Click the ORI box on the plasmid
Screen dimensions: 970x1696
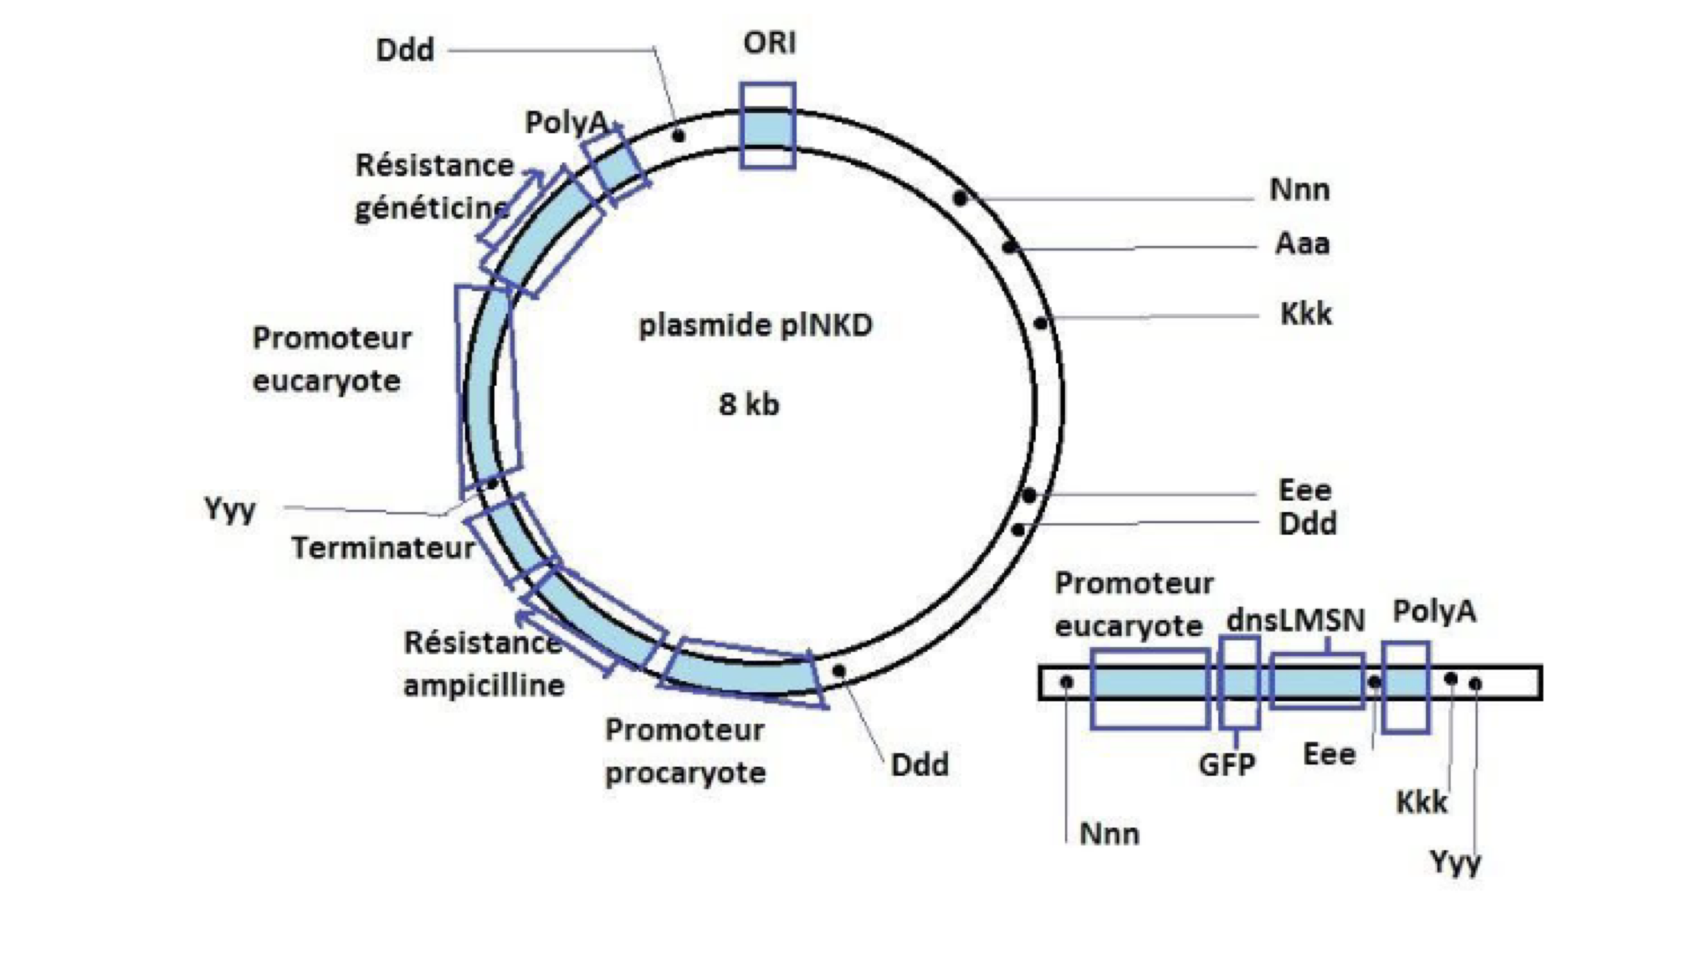point(767,126)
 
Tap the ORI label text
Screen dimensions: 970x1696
point(769,43)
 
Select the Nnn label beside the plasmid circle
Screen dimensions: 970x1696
point(1299,190)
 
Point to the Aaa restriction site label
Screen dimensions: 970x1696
point(1302,244)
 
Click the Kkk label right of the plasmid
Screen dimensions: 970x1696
point(1305,314)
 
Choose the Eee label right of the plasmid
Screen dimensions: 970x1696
point(1304,490)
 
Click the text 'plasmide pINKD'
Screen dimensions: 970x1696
point(755,325)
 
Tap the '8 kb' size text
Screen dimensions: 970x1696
point(749,405)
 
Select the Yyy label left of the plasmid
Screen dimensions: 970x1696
point(230,508)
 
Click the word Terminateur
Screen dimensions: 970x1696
point(382,548)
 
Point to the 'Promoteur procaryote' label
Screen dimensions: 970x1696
point(685,751)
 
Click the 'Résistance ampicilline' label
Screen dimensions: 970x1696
point(484,664)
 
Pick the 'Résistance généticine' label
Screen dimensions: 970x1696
point(433,187)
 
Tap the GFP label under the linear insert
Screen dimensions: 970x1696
point(1227,764)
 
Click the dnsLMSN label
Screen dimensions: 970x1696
point(1295,620)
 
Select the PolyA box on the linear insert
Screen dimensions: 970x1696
point(1405,687)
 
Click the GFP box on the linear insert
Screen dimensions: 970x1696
point(1239,683)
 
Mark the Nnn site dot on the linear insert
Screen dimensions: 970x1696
point(1067,682)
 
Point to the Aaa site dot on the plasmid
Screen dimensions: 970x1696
point(1009,247)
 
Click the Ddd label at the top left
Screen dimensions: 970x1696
point(405,50)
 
